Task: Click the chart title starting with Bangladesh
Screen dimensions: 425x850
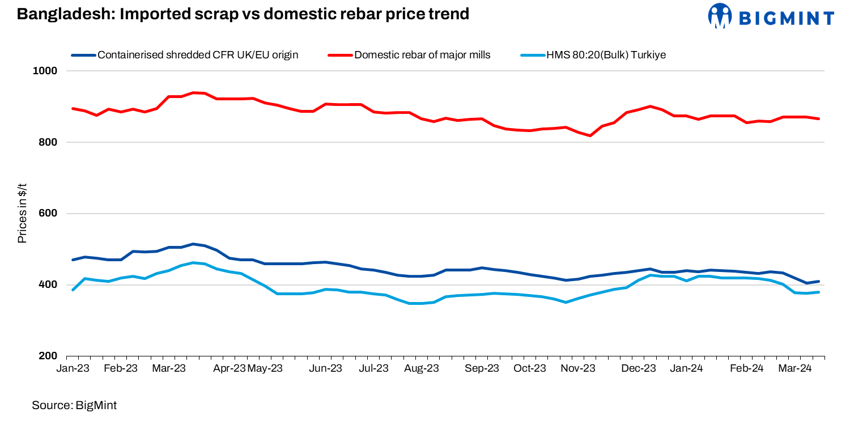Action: click(x=243, y=14)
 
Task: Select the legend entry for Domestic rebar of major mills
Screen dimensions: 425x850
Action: click(x=422, y=55)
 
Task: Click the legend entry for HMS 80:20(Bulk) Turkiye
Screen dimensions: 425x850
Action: click(x=606, y=55)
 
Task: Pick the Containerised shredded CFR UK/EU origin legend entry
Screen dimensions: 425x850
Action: click(x=198, y=55)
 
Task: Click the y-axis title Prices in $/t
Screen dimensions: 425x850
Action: click(x=22, y=214)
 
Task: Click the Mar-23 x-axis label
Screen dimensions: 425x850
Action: click(x=169, y=368)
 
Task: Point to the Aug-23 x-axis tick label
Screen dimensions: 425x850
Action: click(x=422, y=368)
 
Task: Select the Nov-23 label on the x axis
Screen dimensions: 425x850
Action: click(x=579, y=368)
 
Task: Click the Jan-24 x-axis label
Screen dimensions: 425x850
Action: click(x=687, y=368)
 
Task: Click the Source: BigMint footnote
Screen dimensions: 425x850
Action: click(x=74, y=405)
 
